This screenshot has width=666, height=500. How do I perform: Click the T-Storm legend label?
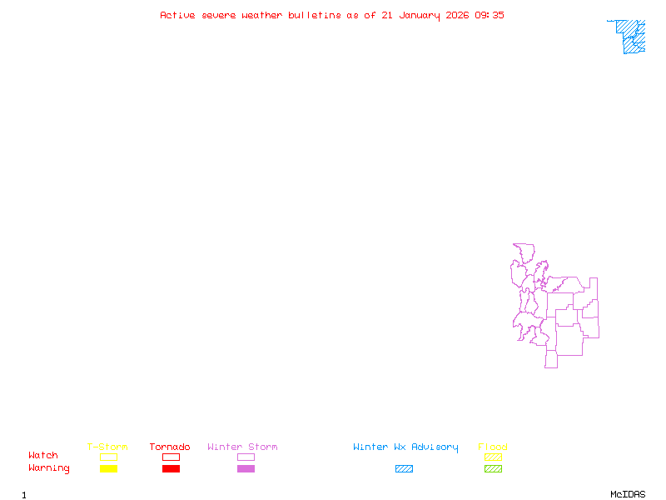tap(107, 447)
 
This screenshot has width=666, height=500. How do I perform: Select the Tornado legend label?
tap(170, 447)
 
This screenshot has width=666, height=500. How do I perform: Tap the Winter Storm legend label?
tap(242, 447)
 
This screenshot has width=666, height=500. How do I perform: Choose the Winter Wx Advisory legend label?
tap(405, 447)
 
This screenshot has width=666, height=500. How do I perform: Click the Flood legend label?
tap(493, 447)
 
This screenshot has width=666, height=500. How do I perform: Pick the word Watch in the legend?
tap(43, 456)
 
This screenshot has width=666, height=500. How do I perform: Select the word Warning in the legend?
tap(48, 468)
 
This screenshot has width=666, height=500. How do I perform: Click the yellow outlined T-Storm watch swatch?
tap(108, 457)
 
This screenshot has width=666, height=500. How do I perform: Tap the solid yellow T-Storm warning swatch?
tap(108, 469)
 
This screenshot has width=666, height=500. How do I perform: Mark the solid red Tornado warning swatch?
tap(171, 469)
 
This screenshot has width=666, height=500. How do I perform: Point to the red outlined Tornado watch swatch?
tap(171, 457)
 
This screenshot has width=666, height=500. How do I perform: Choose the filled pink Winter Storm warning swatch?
tap(246, 469)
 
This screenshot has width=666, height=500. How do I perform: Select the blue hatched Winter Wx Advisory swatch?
tap(404, 469)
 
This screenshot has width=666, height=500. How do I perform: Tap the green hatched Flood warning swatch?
tap(493, 469)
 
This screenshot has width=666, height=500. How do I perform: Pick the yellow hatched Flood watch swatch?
tap(493, 457)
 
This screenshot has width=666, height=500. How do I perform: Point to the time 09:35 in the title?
tap(490, 15)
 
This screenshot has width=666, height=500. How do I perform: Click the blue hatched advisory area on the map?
tap(633, 37)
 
